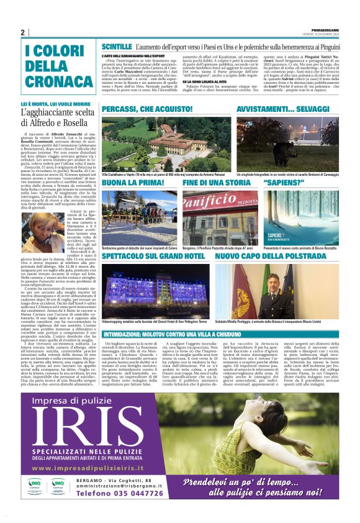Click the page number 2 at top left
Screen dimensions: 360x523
(x=22, y=33)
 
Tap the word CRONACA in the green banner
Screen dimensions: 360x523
(x=52, y=81)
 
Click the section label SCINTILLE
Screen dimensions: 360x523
(x=116, y=47)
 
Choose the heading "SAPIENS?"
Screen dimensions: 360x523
(x=281, y=184)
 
